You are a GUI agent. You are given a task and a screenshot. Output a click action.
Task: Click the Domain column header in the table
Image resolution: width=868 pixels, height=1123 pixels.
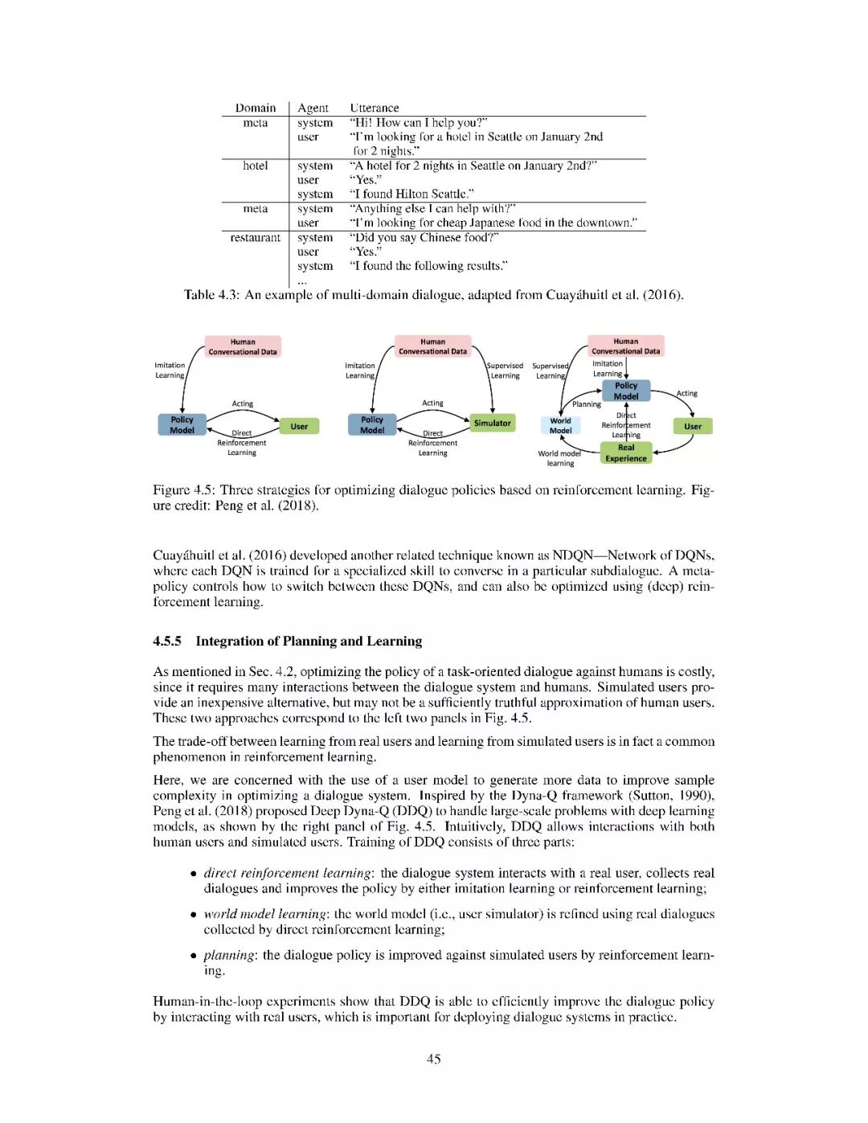click(x=256, y=108)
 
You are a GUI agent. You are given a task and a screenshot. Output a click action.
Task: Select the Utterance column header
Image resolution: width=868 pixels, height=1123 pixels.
click(x=374, y=108)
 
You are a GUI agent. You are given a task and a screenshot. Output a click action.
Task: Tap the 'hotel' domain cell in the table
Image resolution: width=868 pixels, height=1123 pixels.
click(x=256, y=166)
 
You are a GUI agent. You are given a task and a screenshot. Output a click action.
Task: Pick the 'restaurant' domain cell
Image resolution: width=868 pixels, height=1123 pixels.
click(x=256, y=237)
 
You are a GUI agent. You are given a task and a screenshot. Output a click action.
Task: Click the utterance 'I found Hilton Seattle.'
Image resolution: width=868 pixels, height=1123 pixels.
click(x=411, y=194)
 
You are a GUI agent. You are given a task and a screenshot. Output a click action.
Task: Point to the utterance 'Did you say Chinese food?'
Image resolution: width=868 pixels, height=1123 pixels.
click(x=424, y=237)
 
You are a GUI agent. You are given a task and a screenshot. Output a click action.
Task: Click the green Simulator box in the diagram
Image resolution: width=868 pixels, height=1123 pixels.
click(x=492, y=423)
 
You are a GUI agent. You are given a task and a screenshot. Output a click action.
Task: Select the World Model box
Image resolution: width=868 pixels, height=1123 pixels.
click(x=560, y=425)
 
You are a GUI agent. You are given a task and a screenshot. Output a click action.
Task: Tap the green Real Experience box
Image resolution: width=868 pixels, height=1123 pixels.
click(x=625, y=453)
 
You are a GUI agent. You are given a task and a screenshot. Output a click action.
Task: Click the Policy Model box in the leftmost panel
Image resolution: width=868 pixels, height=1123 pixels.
click(x=182, y=424)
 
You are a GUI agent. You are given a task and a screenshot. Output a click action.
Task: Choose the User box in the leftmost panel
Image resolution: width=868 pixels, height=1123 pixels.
click(x=299, y=426)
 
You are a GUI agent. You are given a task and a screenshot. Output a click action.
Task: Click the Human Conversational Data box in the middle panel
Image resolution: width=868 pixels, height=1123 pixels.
click(x=432, y=346)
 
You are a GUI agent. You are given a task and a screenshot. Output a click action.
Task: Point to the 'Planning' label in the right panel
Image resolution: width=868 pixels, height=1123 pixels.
click(x=587, y=404)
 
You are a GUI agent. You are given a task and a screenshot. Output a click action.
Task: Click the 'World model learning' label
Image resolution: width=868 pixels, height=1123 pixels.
click(x=560, y=458)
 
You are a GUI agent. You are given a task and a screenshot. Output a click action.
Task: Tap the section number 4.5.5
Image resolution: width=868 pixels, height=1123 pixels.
click(x=167, y=641)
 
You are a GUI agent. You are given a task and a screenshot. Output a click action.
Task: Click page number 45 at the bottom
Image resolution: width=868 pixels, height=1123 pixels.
click(x=434, y=1059)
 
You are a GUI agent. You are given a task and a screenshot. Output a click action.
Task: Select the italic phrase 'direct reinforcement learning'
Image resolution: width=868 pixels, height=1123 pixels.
click(x=287, y=873)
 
